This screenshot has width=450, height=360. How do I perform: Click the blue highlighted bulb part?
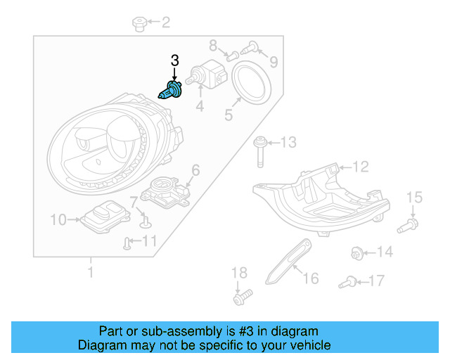(x=170, y=92)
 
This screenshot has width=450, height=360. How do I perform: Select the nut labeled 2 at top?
(x=139, y=25)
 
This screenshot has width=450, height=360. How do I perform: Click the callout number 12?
(x=360, y=167)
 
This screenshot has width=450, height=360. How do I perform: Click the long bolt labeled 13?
(x=259, y=150)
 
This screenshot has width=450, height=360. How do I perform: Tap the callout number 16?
(x=310, y=278)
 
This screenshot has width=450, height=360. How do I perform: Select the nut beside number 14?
(x=357, y=252)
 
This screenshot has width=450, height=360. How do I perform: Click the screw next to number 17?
(x=346, y=283)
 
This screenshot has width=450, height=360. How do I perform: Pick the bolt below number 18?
(x=240, y=298)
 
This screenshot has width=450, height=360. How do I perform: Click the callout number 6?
(x=195, y=169)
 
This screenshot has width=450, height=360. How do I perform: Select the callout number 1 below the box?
(x=90, y=270)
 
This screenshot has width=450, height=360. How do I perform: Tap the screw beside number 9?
(x=249, y=48)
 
